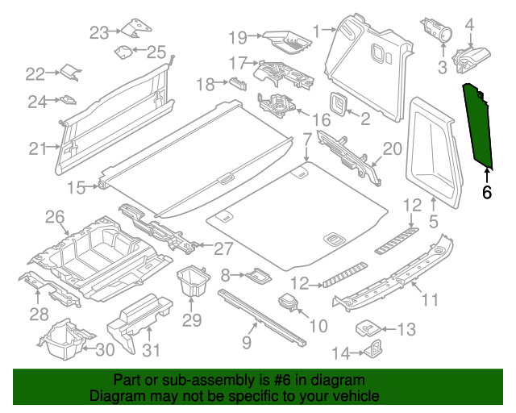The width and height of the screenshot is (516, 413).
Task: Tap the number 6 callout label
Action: coord(486,192)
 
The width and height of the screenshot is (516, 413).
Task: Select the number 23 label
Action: coord(98,32)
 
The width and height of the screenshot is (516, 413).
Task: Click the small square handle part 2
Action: coord(338,103)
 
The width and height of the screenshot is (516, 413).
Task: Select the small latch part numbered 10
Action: coord(288,305)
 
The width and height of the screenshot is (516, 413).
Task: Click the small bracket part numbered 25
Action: coord(124,52)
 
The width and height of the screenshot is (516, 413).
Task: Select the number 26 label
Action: coord(54,216)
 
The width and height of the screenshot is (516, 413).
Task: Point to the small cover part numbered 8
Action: coord(259,276)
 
